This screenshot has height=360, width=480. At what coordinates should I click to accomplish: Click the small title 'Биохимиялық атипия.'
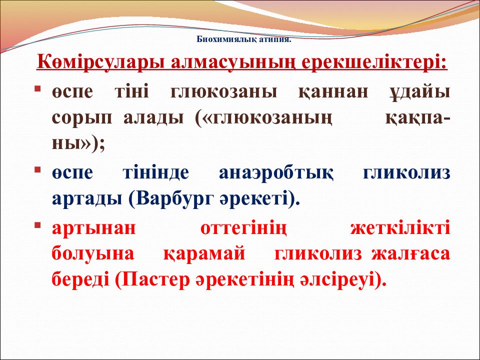pyautogui.click(x=243, y=39)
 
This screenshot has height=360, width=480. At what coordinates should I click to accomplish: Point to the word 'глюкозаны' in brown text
pyautogui.click(x=223, y=92)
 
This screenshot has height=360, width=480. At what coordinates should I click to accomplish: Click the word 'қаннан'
pyautogui.click(x=333, y=92)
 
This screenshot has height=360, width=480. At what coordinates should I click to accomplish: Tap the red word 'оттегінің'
pyautogui.click(x=243, y=228)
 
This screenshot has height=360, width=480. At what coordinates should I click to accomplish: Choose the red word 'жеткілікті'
pyautogui.click(x=400, y=228)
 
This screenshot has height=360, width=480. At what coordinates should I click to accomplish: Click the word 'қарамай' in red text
pyautogui.click(x=204, y=254)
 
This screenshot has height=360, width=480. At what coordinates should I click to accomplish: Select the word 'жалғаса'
pyautogui.click(x=410, y=254)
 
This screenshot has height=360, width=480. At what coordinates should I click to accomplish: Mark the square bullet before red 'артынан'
pyautogui.click(x=37, y=225)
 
